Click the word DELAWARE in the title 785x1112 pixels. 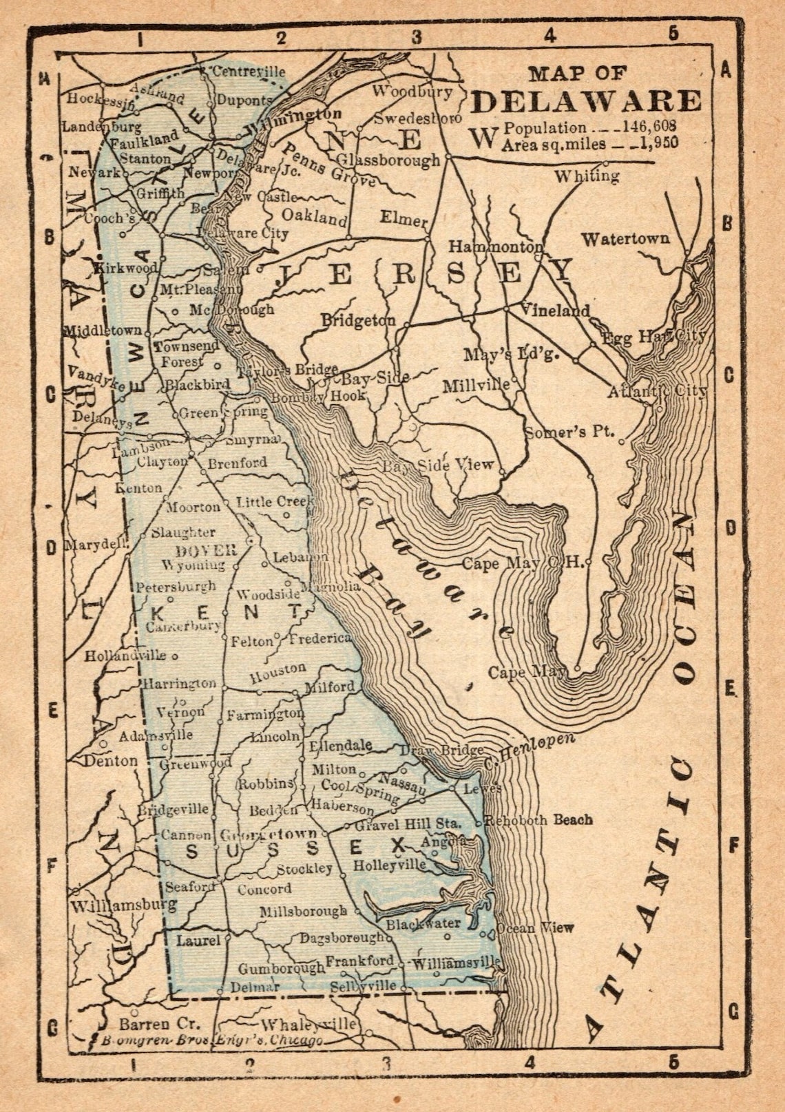click(x=586, y=102)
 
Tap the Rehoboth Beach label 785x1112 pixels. click(x=539, y=820)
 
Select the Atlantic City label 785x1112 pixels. click(x=658, y=392)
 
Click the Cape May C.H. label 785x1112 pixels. click(x=523, y=563)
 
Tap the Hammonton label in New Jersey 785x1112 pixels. click(x=494, y=246)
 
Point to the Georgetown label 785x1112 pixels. click(x=269, y=834)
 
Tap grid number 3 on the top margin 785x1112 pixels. click(x=417, y=37)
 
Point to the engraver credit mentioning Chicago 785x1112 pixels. click(x=210, y=1040)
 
